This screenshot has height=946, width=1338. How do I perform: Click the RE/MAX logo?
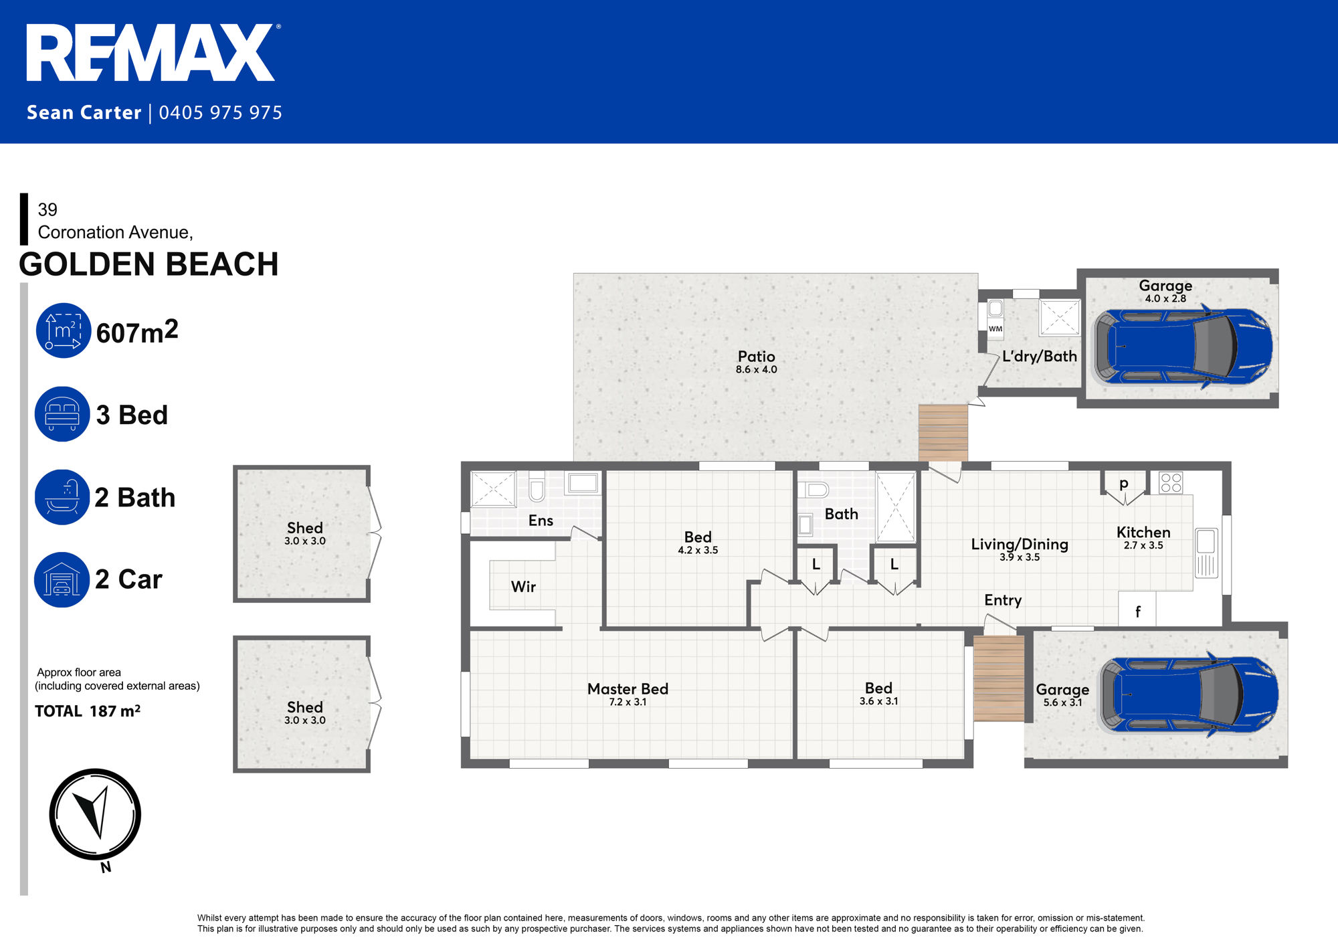point(151,54)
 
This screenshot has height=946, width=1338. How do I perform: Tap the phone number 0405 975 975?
point(221,112)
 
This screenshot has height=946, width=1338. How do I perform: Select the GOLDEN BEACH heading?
point(149,264)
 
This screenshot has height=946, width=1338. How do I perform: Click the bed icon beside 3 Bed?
point(62,414)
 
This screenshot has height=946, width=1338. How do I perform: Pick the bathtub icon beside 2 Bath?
point(62,497)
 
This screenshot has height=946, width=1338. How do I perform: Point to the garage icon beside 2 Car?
point(62,579)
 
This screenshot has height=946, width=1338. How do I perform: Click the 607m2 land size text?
point(137,332)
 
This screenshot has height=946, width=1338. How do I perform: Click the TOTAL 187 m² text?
point(88,711)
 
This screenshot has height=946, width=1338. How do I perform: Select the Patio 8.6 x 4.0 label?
point(756,361)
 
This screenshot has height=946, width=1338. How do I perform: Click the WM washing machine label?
point(995,328)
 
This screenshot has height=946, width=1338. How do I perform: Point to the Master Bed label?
point(628,689)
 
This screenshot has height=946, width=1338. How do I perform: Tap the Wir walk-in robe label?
point(523,587)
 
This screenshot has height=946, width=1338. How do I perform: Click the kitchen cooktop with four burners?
point(1171,483)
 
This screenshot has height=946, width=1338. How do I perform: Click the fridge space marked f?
point(1137,611)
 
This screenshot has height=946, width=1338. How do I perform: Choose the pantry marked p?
point(1124,484)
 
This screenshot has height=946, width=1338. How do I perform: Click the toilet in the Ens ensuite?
point(537,486)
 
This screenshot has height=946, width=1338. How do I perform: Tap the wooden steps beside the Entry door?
point(998,678)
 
